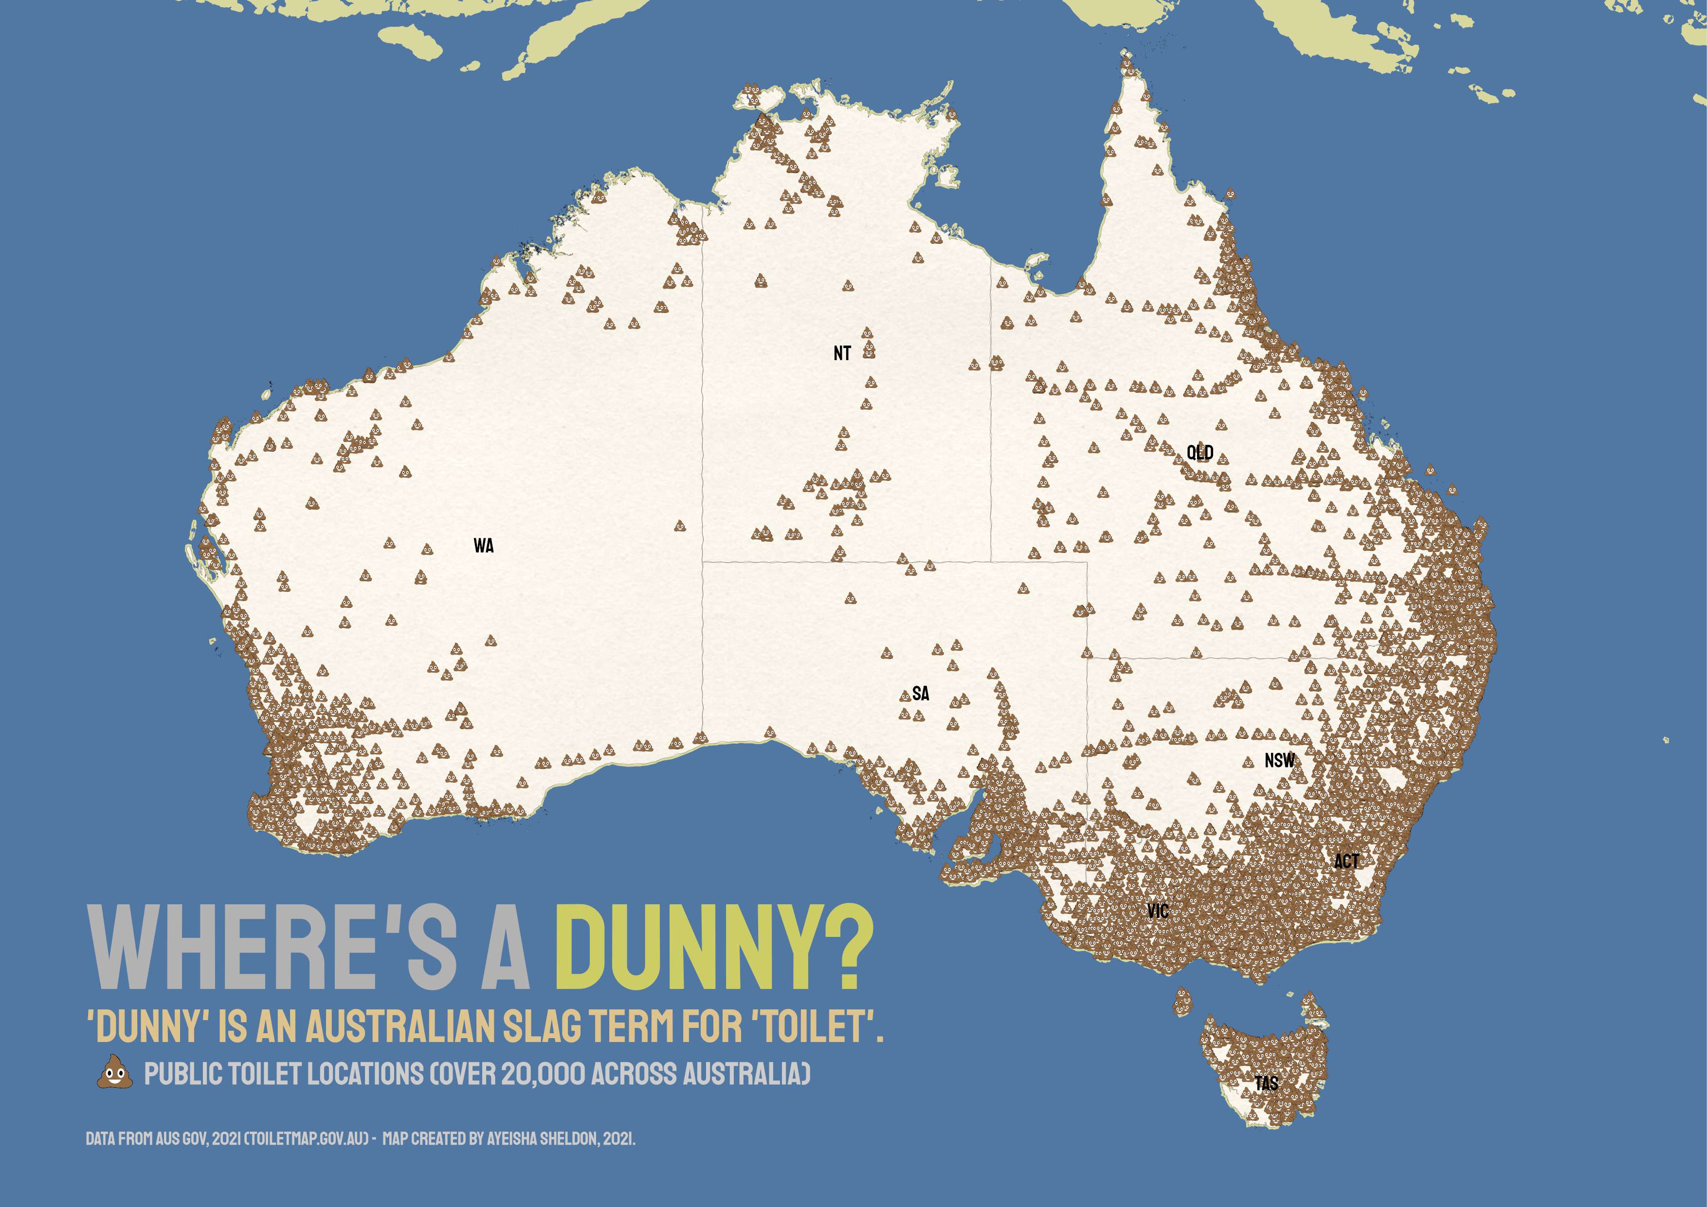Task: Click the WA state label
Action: [x=483, y=546]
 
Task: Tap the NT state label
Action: [x=842, y=353]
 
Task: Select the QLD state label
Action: [x=1200, y=452]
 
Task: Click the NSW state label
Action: [x=1279, y=761]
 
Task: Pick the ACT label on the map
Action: [x=1346, y=861]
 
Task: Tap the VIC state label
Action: [x=1158, y=911]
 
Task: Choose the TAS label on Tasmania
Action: [x=1267, y=1083]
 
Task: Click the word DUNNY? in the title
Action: [x=714, y=948]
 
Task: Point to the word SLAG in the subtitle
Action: [x=543, y=1026]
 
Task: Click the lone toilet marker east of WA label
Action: [x=679, y=526]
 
